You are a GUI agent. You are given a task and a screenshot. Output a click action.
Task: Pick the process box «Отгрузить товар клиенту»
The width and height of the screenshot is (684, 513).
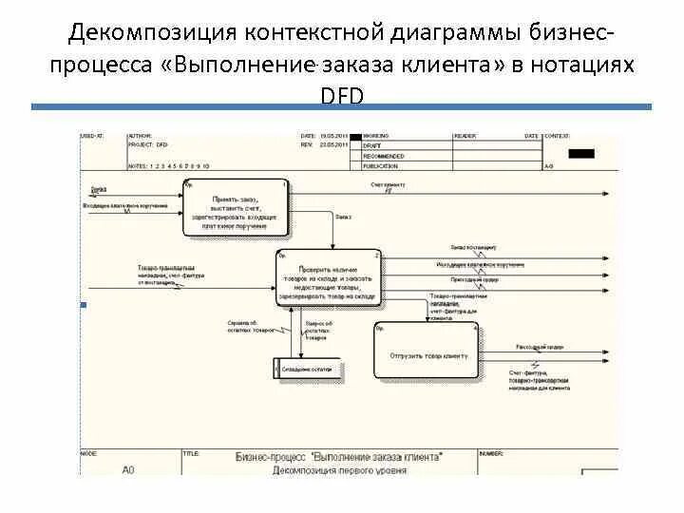pyautogui.click(x=427, y=354)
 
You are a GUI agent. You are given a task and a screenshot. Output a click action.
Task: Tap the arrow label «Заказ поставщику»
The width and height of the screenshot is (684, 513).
pyautogui.click(x=472, y=246)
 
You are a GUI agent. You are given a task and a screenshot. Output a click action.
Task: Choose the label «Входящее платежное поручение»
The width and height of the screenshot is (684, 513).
pyautogui.click(x=125, y=204)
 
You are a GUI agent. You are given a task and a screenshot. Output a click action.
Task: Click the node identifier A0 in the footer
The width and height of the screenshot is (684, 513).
pyautogui.click(x=129, y=469)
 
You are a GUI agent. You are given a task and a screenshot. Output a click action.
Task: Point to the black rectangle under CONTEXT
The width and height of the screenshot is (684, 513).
pyautogui.click(x=580, y=153)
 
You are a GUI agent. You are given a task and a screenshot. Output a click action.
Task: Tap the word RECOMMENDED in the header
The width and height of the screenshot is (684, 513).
pyautogui.click(x=384, y=156)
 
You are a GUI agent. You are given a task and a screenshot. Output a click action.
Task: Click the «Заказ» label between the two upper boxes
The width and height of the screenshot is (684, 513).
pyautogui.click(x=343, y=217)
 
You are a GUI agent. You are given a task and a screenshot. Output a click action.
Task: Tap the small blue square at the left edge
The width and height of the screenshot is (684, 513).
pyautogui.click(x=83, y=305)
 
